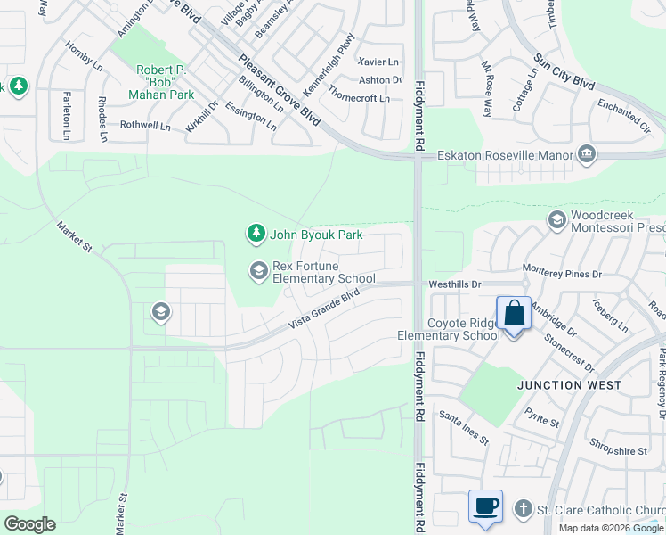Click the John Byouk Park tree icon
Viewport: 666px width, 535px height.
tap(256, 234)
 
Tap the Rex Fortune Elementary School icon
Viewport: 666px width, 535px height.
tap(259, 271)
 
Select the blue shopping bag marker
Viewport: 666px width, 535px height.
tap(514, 315)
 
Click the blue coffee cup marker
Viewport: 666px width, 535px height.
tap(486, 507)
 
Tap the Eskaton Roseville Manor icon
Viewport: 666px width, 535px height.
tap(587, 154)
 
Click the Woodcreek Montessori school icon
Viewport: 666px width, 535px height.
tap(557, 219)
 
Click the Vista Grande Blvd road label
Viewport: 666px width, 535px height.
tap(324, 312)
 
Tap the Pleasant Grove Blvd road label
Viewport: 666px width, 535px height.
tap(279, 90)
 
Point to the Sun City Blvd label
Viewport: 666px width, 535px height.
tap(564, 72)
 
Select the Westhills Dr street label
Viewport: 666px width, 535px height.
tap(454, 284)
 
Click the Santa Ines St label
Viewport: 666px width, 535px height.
tap(464, 428)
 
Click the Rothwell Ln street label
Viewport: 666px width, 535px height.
tap(145, 126)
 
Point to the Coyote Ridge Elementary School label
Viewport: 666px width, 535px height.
tap(449, 329)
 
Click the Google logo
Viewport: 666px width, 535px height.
tap(29, 524)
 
